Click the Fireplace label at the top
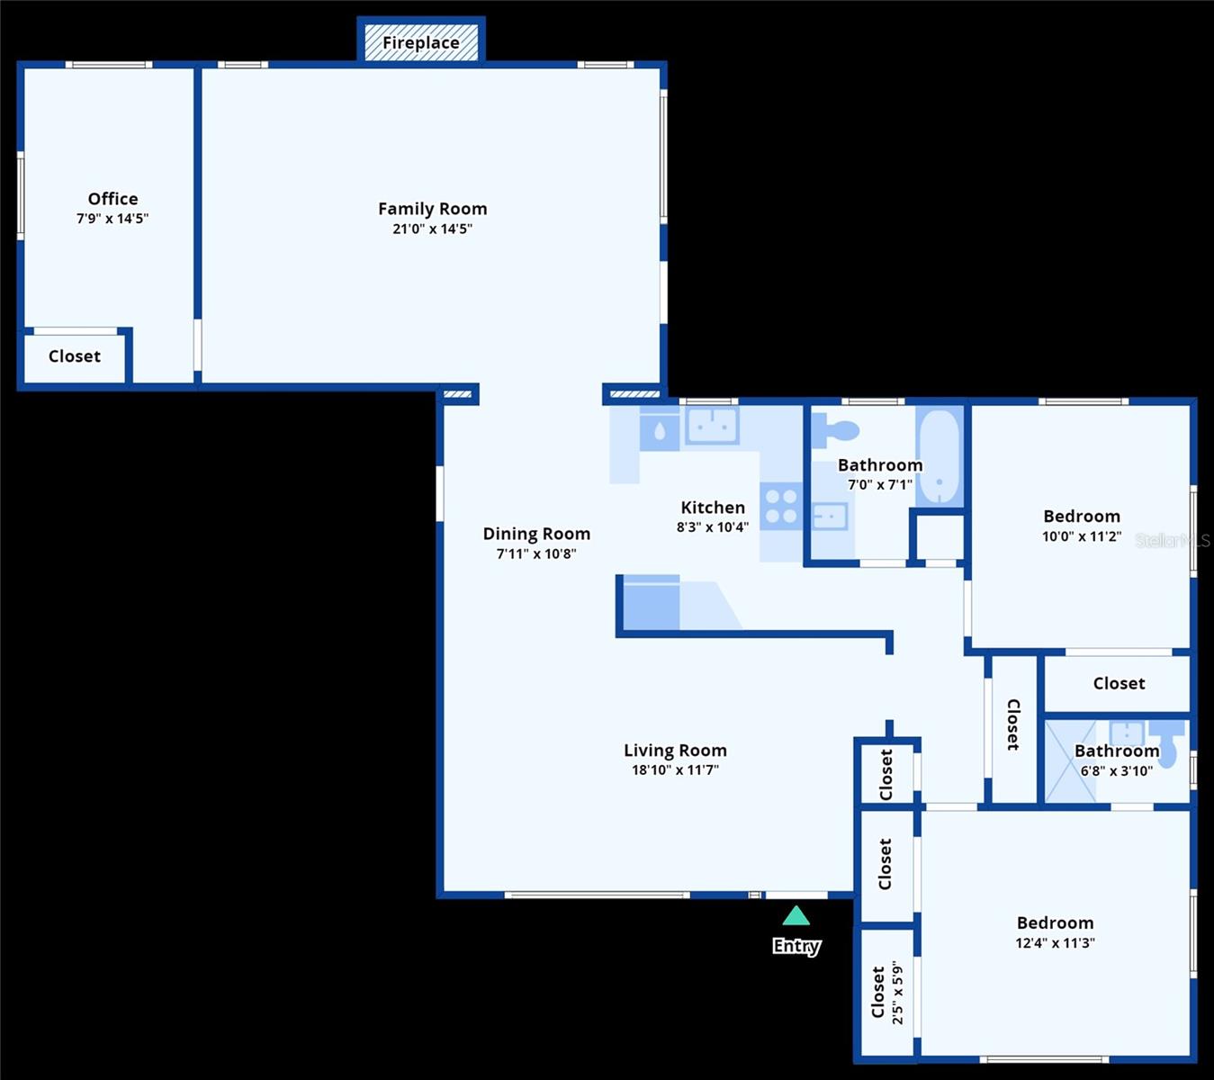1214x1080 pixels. pyautogui.click(x=421, y=42)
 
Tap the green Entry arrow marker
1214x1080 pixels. pyautogui.click(x=796, y=916)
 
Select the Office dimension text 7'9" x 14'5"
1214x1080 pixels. pyautogui.click(x=112, y=219)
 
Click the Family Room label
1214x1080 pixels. pyautogui.click(x=432, y=209)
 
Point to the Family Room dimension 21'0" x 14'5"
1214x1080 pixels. pyautogui.click(x=432, y=229)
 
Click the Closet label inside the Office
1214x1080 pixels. pyautogui.click(x=75, y=356)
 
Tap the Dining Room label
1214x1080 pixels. pyautogui.click(x=536, y=534)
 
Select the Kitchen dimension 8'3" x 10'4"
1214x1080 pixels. pyautogui.click(x=712, y=527)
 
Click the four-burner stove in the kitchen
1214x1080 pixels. pyautogui.click(x=781, y=506)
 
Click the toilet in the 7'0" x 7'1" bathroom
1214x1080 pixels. pyautogui.click(x=836, y=430)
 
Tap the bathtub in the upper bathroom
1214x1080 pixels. pyautogui.click(x=940, y=457)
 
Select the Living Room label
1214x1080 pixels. pyautogui.click(x=675, y=751)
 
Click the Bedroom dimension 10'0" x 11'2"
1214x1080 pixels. pyautogui.click(x=1082, y=536)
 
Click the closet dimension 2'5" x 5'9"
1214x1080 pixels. pyautogui.click(x=897, y=993)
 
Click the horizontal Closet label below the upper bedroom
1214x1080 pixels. pyautogui.click(x=1119, y=684)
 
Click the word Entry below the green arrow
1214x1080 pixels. pyautogui.click(x=796, y=946)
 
